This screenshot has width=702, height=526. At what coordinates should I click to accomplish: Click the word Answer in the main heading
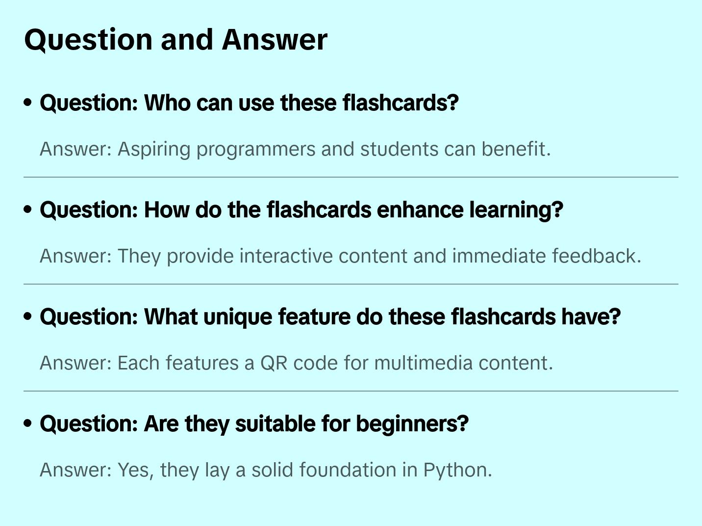[275, 39]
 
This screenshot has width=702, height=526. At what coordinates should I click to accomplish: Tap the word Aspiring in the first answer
[154, 149]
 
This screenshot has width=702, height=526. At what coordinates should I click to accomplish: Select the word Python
[457, 470]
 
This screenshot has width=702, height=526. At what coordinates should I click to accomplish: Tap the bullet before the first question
[28, 103]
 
